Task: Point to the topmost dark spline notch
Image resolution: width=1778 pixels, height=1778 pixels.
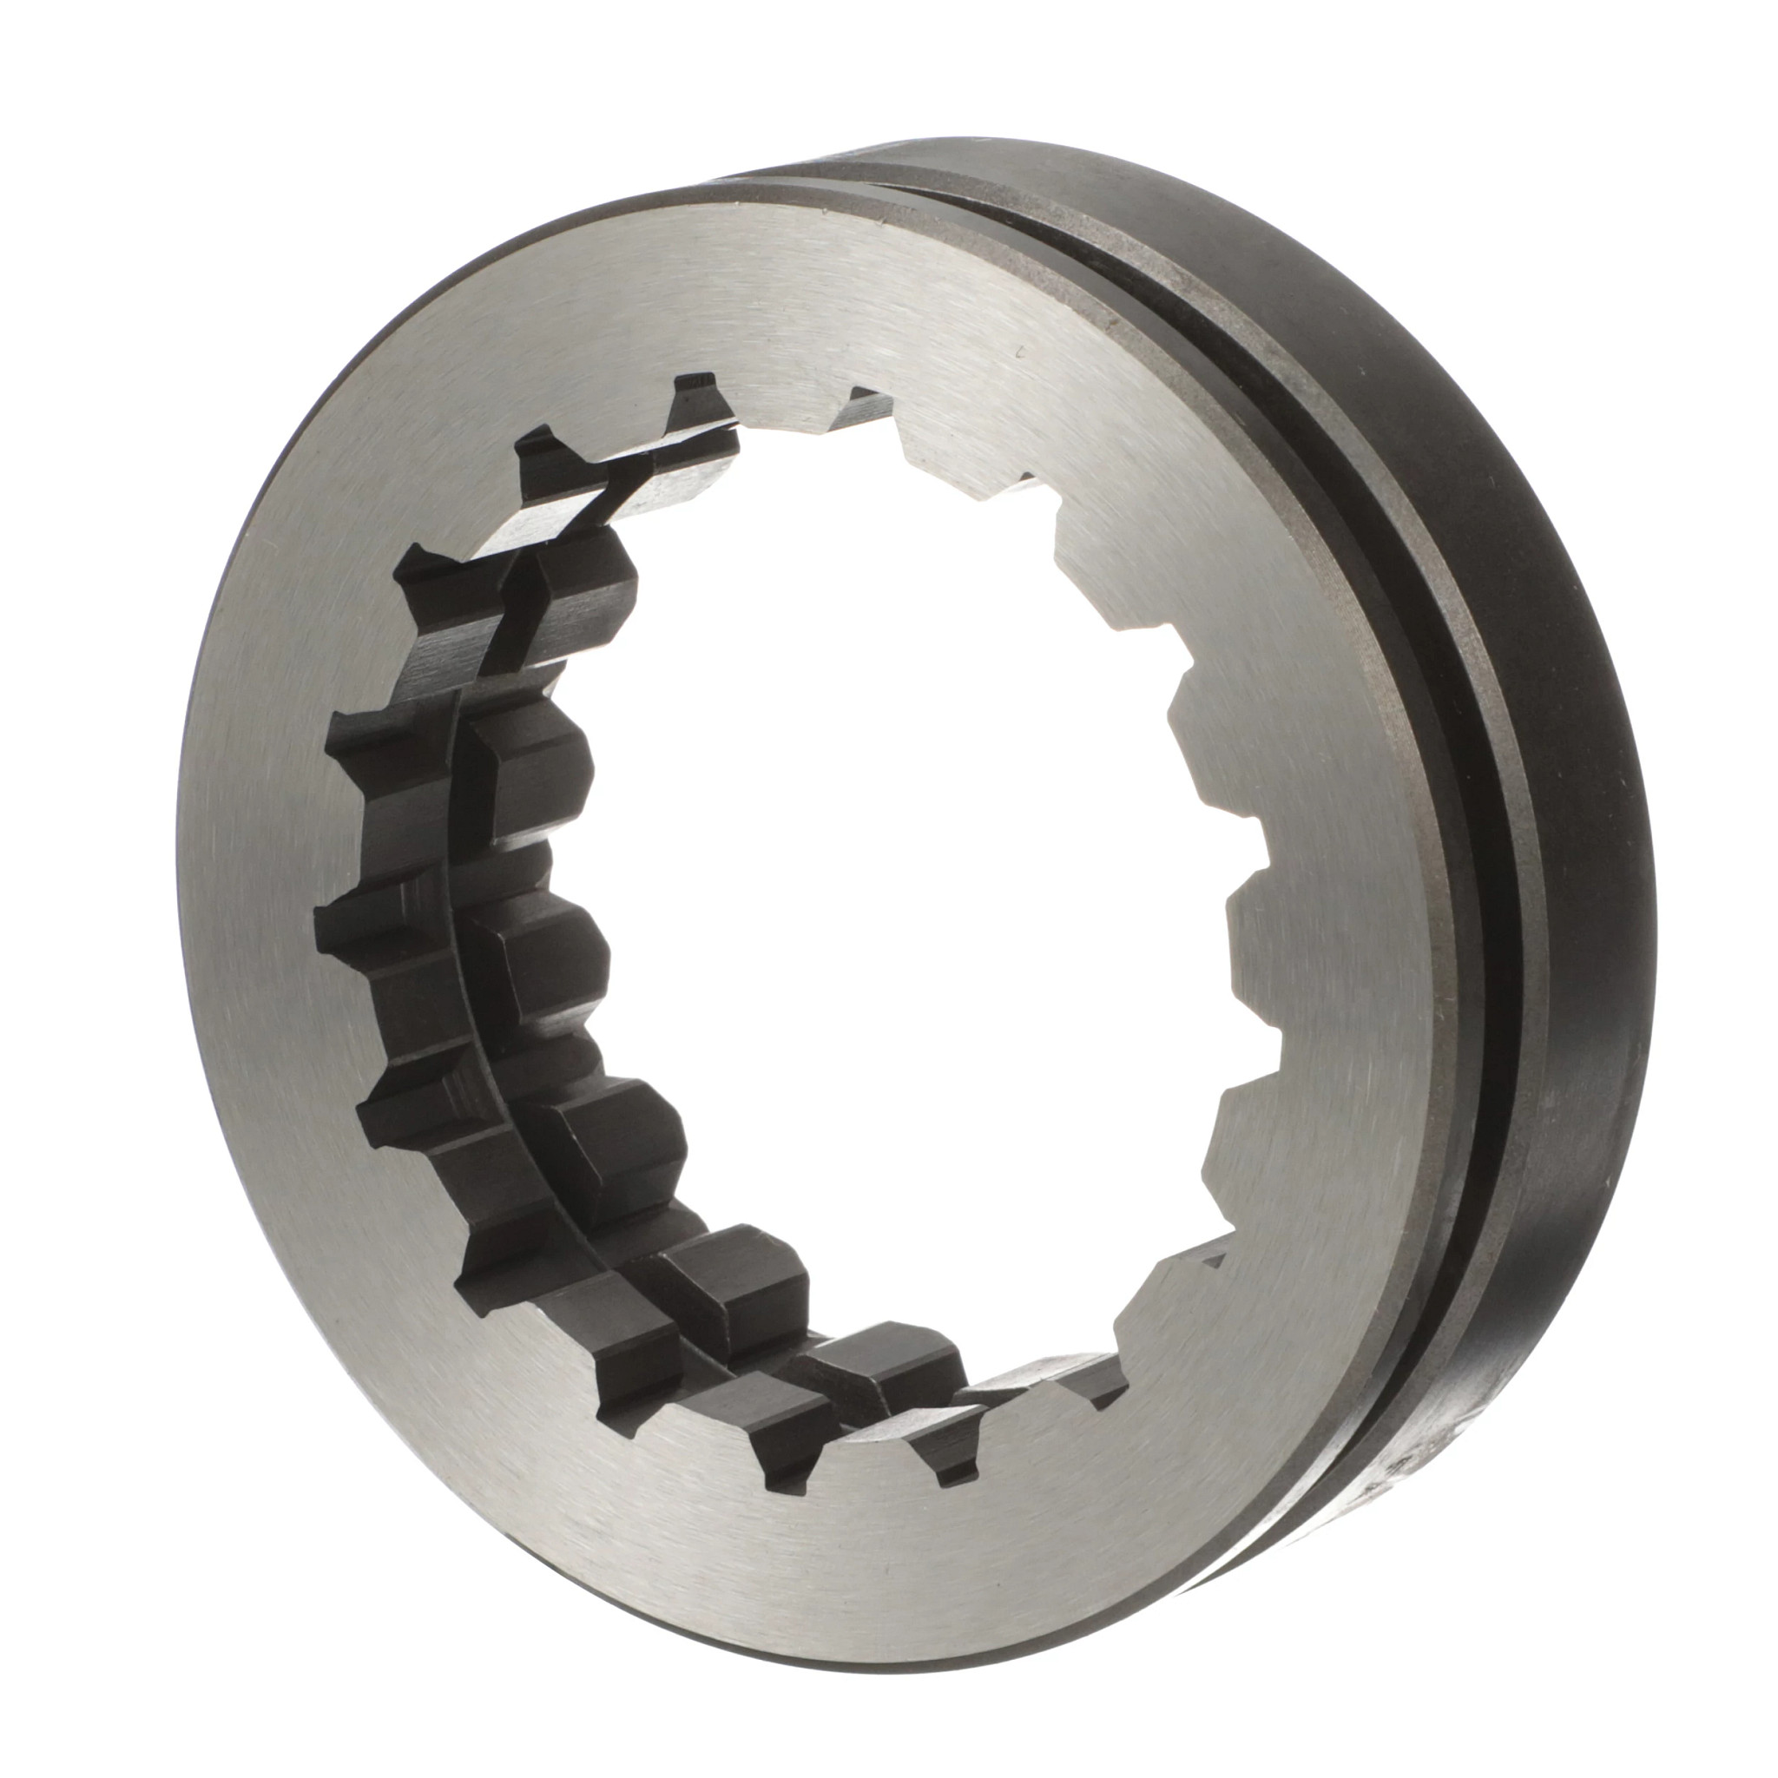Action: (695, 405)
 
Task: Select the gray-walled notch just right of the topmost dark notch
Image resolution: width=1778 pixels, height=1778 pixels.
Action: (865, 410)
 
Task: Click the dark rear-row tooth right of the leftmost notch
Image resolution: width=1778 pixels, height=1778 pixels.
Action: (543, 957)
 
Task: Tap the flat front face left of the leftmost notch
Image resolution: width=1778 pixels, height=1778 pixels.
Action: (248, 920)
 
